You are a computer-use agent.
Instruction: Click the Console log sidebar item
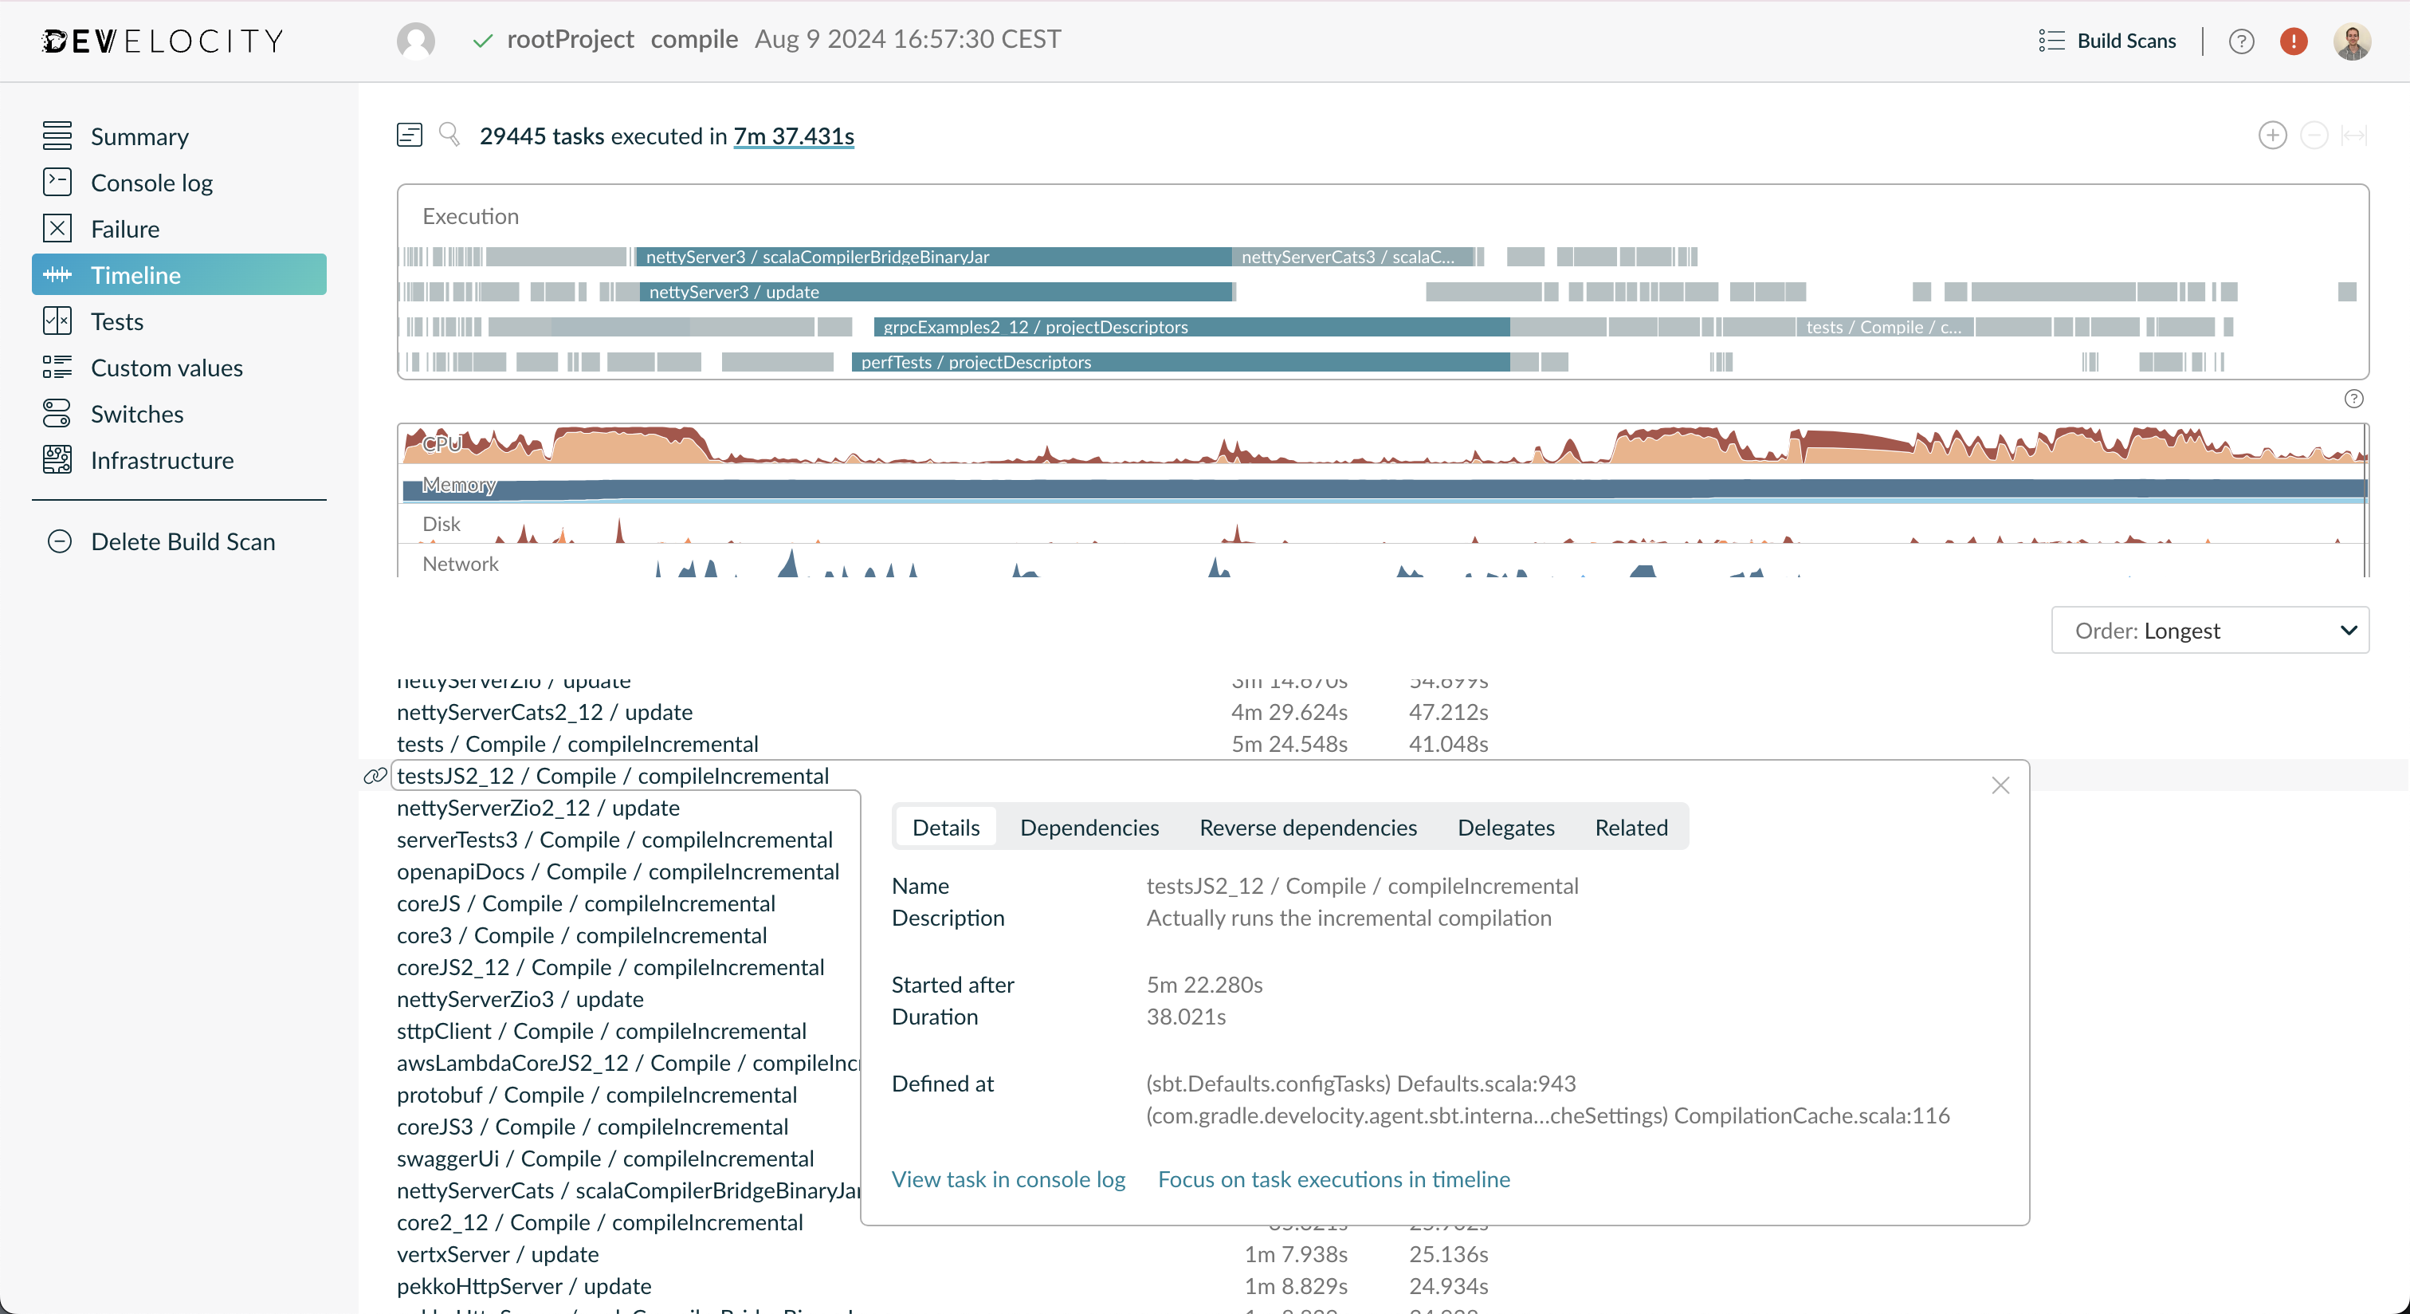click(151, 183)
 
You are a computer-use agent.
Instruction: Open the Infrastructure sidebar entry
click(161, 461)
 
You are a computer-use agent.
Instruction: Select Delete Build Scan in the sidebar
click(182, 542)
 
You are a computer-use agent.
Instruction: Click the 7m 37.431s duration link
click(792, 136)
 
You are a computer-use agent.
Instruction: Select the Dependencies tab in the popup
click(1088, 828)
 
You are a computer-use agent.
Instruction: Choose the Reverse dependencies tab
click(1307, 828)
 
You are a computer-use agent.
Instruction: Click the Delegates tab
click(1505, 828)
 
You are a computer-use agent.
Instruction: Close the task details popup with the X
click(2000, 786)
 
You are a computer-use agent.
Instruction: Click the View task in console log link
click(1007, 1180)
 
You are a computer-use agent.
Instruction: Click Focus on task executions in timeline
click(1333, 1180)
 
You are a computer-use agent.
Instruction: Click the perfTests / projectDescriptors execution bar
click(1179, 362)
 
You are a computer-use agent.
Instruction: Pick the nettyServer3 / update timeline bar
click(936, 292)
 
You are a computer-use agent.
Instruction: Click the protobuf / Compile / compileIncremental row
click(596, 1095)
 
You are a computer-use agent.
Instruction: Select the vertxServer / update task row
click(497, 1255)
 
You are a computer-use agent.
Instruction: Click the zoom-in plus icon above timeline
click(2271, 136)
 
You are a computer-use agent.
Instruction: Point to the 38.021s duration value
click(1185, 1017)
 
